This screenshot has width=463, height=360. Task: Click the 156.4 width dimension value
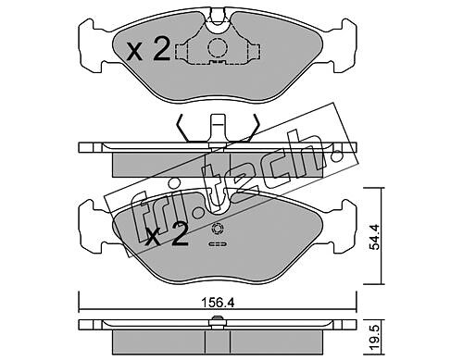(x=218, y=303)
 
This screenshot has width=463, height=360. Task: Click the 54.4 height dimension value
(x=375, y=237)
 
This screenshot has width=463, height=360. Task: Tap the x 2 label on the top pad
(x=148, y=48)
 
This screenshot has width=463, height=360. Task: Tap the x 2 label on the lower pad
(x=167, y=234)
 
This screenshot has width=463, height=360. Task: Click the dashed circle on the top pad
(x=218, y=47)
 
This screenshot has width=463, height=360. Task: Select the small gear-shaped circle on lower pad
(x=218, y=230)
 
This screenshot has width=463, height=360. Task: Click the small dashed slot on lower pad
(x=218, y=244)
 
